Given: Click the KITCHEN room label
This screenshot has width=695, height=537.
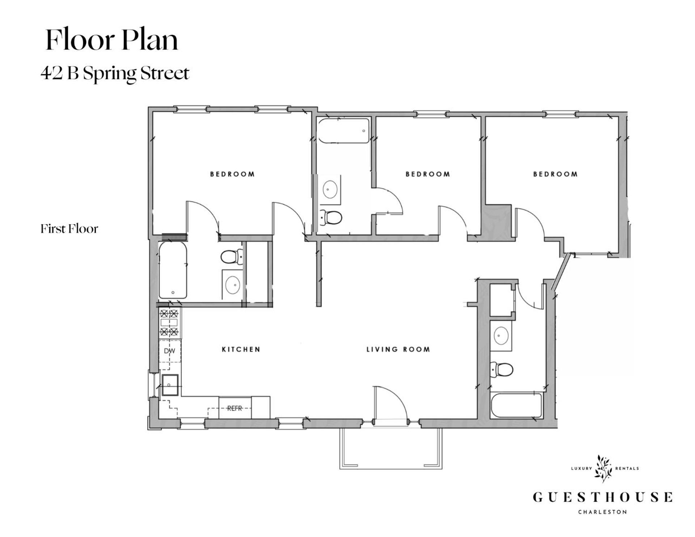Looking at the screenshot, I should (x=241, y=349).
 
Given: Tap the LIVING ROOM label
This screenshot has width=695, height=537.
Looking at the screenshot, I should (x=398, y=349).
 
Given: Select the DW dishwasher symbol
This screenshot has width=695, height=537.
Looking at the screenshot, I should (x=169, y=351).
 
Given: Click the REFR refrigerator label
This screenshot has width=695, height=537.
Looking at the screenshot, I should (x=235, y=408).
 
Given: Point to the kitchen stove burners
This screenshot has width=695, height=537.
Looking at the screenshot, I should (x=169, y=322).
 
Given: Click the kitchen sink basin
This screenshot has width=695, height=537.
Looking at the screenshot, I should (x=169, y=385).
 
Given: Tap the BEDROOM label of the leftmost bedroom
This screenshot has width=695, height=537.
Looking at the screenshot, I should (x=232, y=174).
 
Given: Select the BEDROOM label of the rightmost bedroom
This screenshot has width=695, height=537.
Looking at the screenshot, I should (x=555, y=174).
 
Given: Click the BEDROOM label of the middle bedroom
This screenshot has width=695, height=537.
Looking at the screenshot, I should (x=427, y=174).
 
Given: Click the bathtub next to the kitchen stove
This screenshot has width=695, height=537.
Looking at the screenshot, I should (x=173, y=270).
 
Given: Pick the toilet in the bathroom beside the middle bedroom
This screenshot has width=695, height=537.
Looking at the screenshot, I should (x=332, y=217).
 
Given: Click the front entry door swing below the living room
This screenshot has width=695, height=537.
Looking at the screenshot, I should (x=391, y=403).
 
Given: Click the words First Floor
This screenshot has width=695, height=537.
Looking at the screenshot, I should (x=69, y=229).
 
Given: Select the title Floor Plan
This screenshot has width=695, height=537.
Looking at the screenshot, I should (x=112, y=39).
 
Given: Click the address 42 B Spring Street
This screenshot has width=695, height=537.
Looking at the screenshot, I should (x=115, y=73).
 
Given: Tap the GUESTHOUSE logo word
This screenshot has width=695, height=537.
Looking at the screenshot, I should (x=602, y=497).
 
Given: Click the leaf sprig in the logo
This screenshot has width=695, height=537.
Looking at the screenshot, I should (x=603, y=469).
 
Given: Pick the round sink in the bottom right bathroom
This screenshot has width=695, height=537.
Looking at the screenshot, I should (x=501, y=336).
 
